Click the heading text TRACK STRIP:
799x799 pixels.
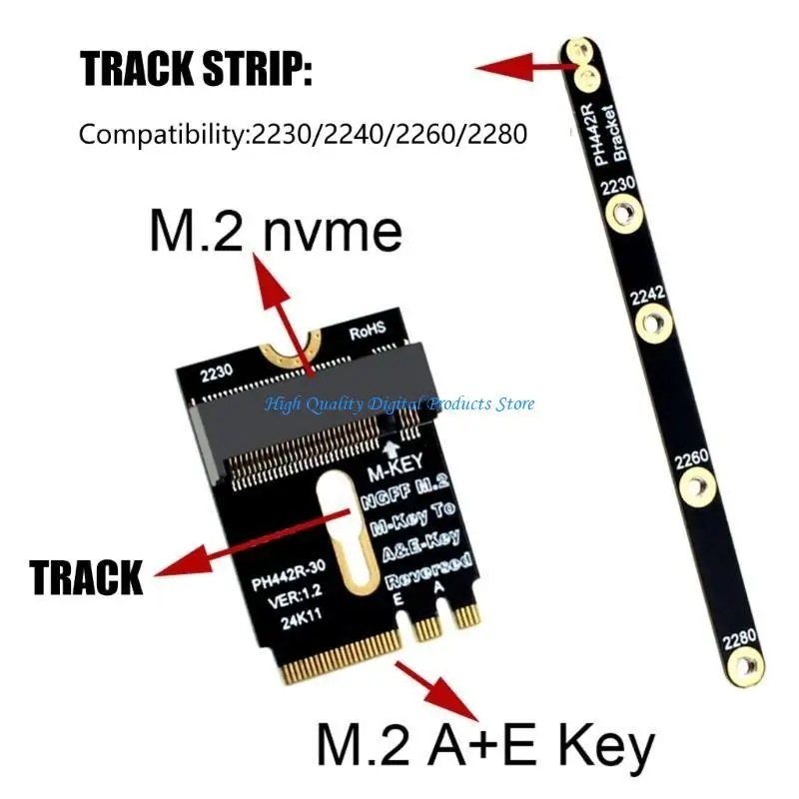click(196, 69)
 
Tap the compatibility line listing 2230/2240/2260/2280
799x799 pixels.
click(303, 133)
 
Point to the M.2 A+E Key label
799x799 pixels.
click(484, 745)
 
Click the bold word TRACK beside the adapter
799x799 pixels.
click(86, 576)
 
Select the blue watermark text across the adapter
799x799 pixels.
click(399, 403)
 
